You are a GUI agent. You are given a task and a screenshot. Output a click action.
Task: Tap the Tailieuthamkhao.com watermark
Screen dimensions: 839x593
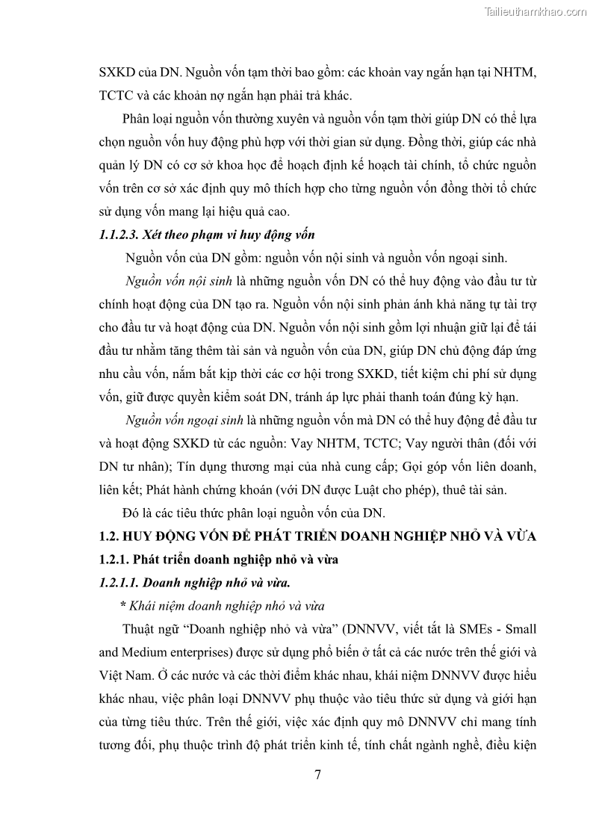(535, 12)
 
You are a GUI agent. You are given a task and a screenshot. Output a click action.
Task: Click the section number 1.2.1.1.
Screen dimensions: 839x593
(121, 581)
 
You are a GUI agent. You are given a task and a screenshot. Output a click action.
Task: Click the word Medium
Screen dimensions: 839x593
(152, 651)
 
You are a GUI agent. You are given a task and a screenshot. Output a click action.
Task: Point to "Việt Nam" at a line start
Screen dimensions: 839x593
(121, 675)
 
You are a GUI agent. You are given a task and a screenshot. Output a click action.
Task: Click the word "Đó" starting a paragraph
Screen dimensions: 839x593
(131, 513)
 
